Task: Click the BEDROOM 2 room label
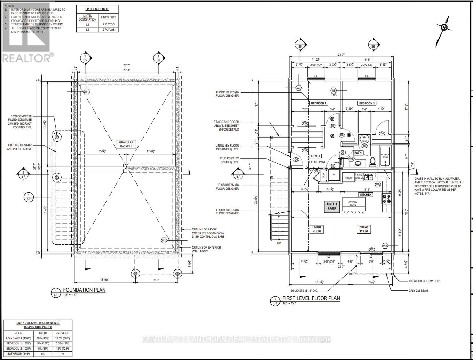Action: (318, 103)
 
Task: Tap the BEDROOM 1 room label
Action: (367, 103)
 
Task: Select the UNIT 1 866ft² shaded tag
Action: (331, 206)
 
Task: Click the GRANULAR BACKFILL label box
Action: (126, 144)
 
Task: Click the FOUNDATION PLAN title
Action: (84, 290)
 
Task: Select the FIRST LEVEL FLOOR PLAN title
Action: (311, 298)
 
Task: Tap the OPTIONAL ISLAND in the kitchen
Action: (353, 203)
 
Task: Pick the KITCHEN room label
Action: (365, 195)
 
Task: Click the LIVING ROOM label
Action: (316, 229)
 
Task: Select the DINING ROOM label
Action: (363, 229)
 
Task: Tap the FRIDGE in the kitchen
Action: (349, 178)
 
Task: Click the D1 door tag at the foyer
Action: (296, 159)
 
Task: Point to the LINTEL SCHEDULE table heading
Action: (97, 9)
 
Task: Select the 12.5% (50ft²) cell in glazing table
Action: (62, 338)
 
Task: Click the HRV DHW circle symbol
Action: (364, 139)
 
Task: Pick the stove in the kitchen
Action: (386, 198)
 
